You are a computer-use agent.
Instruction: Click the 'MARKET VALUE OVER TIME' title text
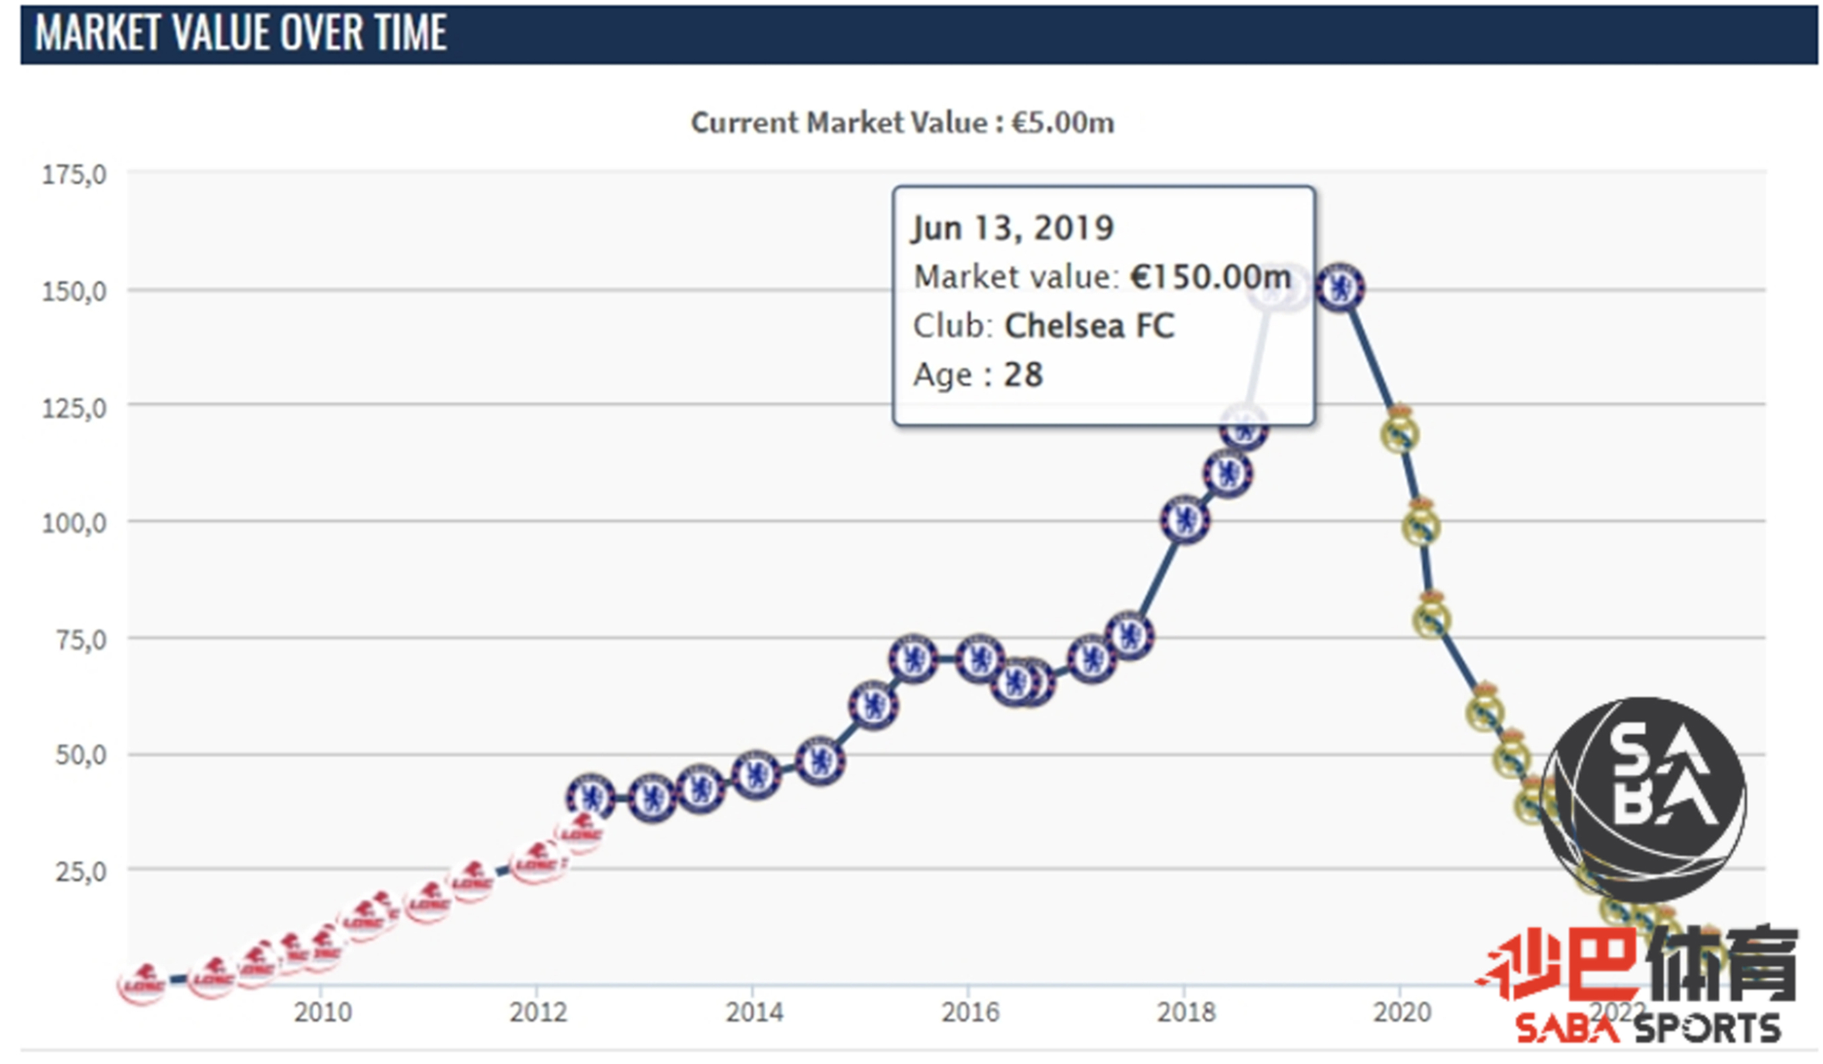click(x=241, y=33)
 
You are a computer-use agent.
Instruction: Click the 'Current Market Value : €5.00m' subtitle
click(x=902, y=123)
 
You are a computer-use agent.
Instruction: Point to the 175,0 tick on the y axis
click(x=74, y=175)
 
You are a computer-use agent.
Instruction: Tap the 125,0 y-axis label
click(x=74, y=408)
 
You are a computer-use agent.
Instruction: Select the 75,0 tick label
click(x=80, y=640)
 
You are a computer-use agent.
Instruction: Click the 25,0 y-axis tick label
click(x=80, y=872)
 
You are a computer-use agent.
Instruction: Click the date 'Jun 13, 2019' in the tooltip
click(x=1012, y=229)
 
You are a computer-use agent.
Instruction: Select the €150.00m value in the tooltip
click(x=1210, y=277)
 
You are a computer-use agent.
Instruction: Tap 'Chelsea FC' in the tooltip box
click(x=1088, y=326)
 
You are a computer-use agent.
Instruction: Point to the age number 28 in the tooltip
click(x=1023, y=375)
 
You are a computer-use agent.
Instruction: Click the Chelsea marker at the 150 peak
click(x=1340, y=288)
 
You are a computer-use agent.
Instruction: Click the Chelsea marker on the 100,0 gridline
click(x=1184, y=519)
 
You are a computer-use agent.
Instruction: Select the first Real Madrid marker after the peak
click(x=1399, y=434)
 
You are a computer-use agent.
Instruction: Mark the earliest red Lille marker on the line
click(x=143, y=984)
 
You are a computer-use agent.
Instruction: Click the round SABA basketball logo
click(x=1643, y=799)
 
